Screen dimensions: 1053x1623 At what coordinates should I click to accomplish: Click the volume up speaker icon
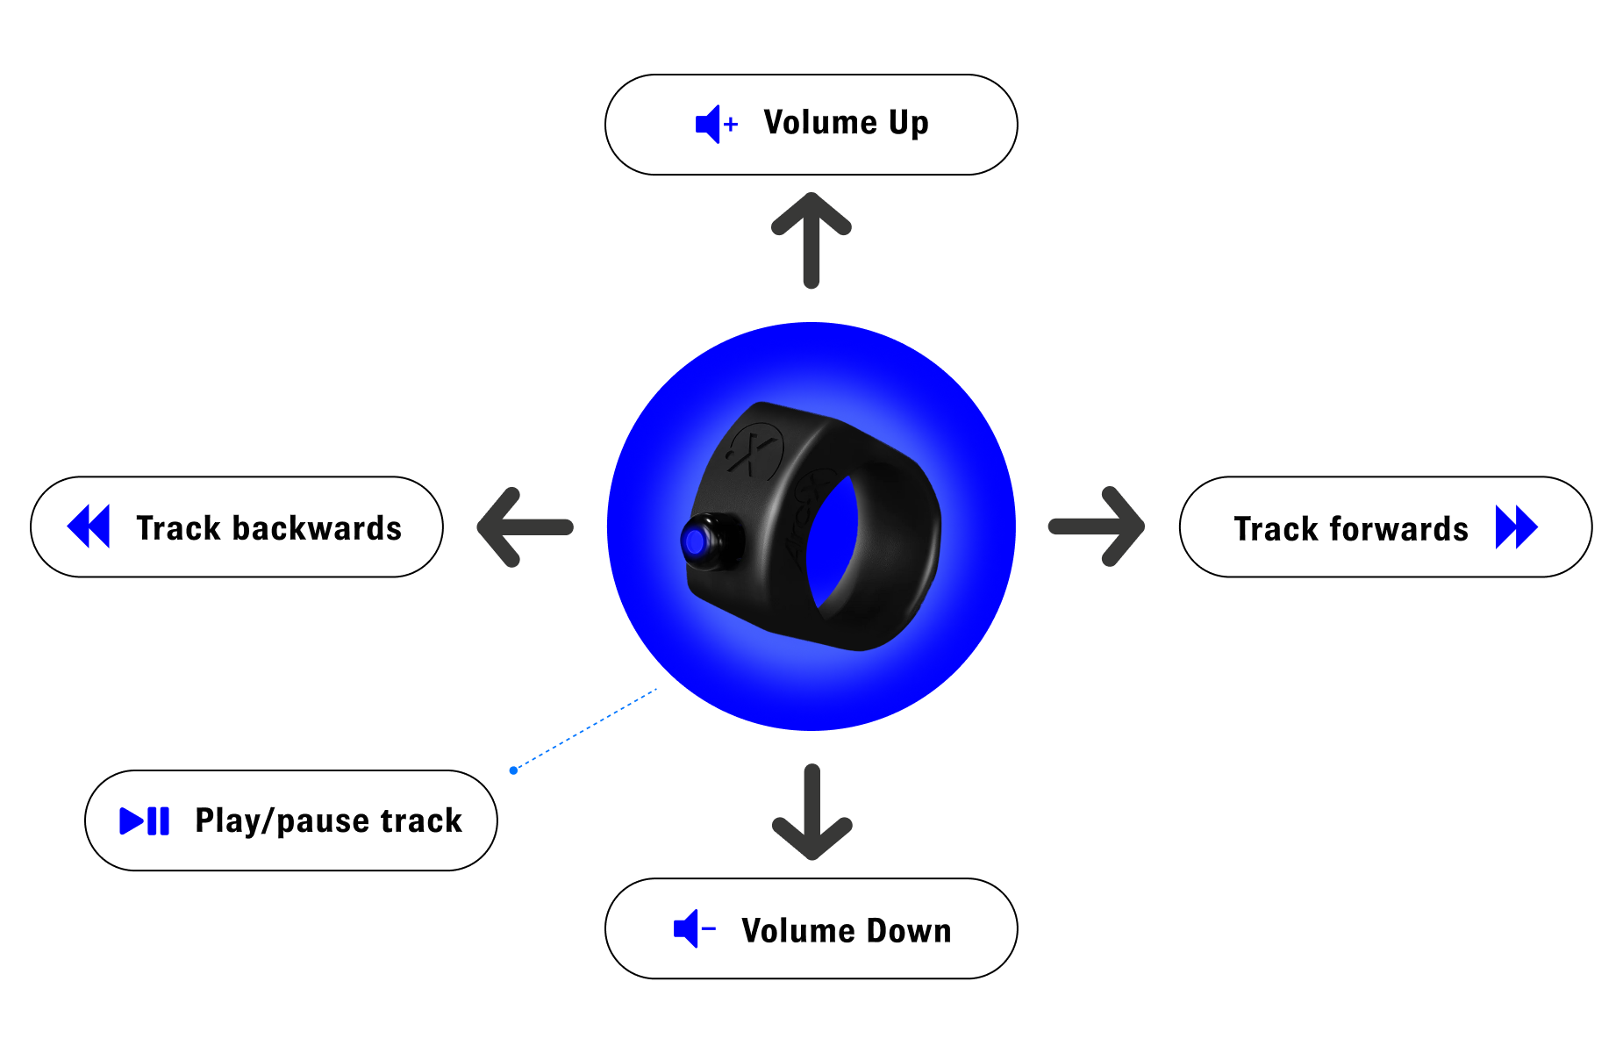(x=716, y=125)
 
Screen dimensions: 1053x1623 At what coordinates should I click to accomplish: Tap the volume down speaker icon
(x=694, y=928)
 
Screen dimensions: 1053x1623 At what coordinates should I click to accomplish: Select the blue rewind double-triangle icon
(x=89, y=526)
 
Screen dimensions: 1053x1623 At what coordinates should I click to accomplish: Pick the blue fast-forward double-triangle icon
(x=1517, y=527)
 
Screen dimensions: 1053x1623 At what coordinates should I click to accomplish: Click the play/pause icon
(x=145, y=821)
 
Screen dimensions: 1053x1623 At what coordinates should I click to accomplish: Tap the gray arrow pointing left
(x=525, y=526)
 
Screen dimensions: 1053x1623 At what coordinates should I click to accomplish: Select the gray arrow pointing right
(x=1097, y=526)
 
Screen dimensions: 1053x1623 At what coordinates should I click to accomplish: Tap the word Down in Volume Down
(x=909, y=930)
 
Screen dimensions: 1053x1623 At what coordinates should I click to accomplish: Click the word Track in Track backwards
(x=180, y=528)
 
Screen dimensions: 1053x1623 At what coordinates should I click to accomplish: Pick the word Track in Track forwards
(x=1277, y=529)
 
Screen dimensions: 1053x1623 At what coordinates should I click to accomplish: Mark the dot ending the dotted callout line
(x=513, y=770)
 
